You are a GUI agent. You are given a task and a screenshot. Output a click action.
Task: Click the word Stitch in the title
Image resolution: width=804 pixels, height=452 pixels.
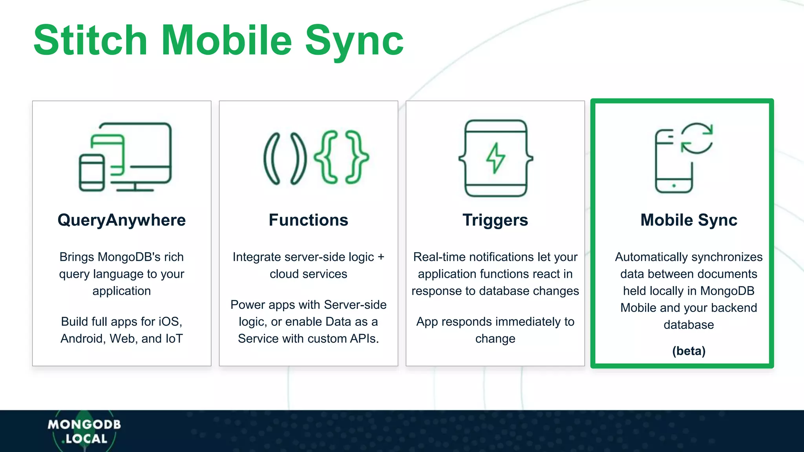(90, 40)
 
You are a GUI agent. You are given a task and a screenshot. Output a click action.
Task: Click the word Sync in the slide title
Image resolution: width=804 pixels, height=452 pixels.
(354, 41)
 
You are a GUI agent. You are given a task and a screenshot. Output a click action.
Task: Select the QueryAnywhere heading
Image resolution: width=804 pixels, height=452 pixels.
(122, 220)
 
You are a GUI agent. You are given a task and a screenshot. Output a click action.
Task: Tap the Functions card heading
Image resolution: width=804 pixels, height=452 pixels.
(308, 220)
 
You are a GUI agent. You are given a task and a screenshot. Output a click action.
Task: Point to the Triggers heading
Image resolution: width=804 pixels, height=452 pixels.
(495, 220)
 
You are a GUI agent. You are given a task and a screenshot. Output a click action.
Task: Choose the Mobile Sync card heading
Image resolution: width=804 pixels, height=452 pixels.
(689, 220)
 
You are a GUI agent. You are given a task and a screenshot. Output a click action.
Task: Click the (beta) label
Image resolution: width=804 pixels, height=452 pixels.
(689, 351)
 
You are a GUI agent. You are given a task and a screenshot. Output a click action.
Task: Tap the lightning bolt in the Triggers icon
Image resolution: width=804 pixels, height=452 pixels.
(495, 158)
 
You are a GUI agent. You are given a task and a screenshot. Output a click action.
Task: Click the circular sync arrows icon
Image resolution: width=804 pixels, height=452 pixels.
(697, 139)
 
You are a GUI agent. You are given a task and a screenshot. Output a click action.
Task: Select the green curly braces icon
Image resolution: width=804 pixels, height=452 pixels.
(341, 157)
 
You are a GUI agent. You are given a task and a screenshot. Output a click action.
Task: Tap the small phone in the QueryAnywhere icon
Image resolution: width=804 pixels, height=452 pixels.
(92, 173)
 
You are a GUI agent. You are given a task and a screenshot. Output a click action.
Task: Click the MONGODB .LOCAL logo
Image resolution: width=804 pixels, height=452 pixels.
(84, 431)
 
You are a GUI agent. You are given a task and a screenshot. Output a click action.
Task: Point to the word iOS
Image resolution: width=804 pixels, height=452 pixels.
(170, 322)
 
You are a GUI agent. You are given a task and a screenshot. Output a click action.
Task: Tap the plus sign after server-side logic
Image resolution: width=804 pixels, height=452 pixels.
(381, 257)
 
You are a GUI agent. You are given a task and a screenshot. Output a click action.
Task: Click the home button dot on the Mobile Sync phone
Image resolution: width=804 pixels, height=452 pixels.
(674, 186)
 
